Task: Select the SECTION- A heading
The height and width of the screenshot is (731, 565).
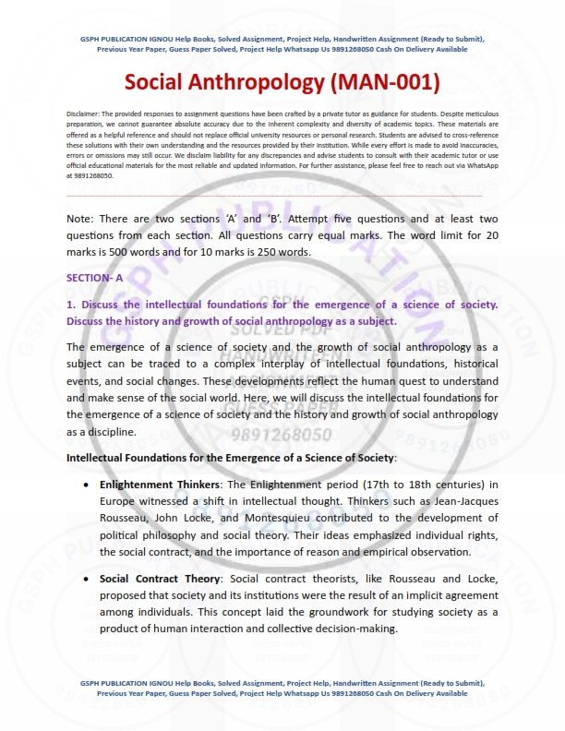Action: click(x=94, y=277)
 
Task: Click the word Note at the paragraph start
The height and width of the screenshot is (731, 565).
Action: click(x=80, y=219)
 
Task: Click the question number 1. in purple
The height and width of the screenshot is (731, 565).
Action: click(x=70, y=305)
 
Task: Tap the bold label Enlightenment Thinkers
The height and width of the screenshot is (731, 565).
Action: click(x=157, y=484)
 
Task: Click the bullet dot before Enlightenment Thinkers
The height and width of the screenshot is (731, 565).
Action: click(x=86, y=485)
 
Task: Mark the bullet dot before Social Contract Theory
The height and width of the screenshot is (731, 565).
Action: click(x=86, y=580)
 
